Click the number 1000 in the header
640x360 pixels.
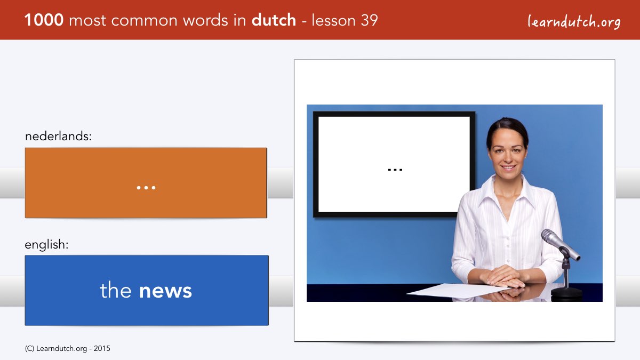(x=44, y=20)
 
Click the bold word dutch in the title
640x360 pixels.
(x=274, y=20)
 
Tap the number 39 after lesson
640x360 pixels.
(x=369, y=20)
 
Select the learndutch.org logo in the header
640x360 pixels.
(x=574, y=22)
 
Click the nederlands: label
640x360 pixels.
(x=58, y=136)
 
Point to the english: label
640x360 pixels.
(x=46, y=245)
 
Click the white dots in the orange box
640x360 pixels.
(x=146, y=188)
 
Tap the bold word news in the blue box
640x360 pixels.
(x=165, y=291)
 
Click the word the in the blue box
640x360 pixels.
(x=115, y=290)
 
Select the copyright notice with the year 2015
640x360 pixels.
(x=67, y=349)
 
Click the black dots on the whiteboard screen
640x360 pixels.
(x=395, y=170)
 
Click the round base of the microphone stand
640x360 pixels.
(x=566, y=294)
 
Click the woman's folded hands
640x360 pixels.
(x=505, y=276)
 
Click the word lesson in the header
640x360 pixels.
(x=333, y=20)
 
